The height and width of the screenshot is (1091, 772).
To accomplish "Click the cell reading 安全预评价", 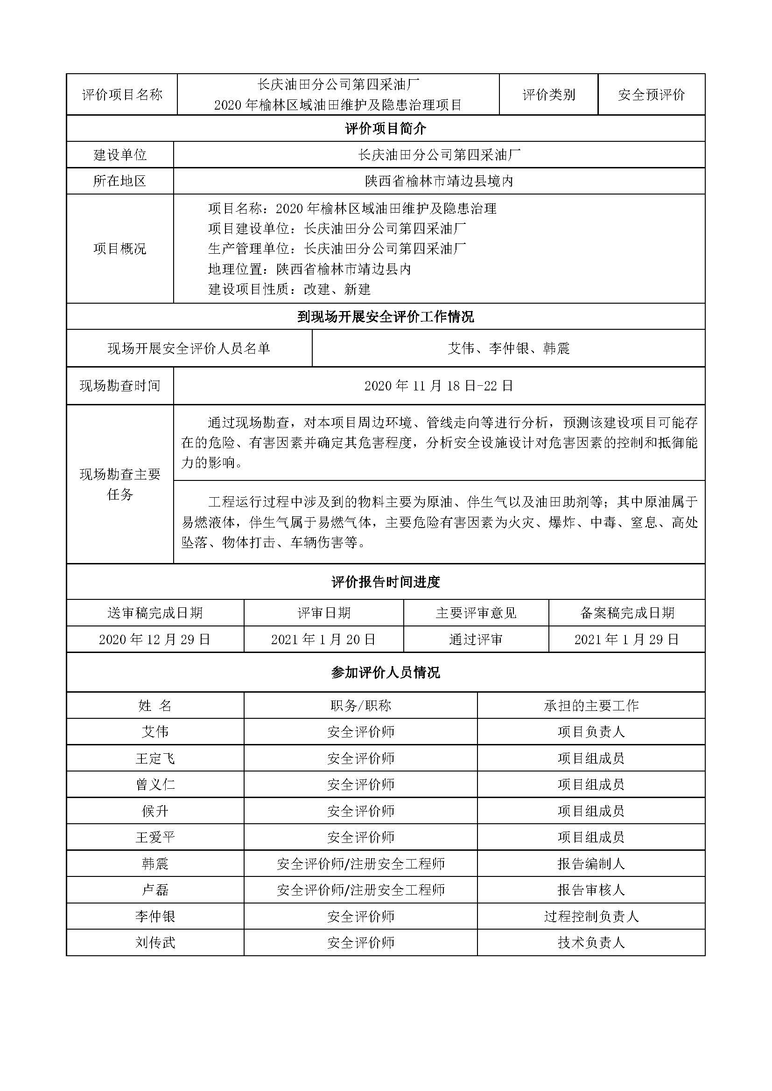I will [651, 95].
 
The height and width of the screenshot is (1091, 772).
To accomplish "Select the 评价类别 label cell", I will [548, 95].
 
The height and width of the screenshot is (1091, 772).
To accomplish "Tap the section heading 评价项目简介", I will [386, 128].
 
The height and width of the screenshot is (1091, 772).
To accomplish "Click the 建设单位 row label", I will [120, 154].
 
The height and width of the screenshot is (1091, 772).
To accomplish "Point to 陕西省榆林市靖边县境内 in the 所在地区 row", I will [439, 181].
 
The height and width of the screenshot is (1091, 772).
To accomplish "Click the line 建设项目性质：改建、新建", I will [289, 289].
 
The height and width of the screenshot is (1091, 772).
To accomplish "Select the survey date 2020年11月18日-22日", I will [439, 386].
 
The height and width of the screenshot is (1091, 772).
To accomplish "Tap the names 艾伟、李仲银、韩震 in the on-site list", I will [508, 348].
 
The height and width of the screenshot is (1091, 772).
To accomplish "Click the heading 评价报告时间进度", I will [386, 582].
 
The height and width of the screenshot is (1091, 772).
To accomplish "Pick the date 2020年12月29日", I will [155, 639].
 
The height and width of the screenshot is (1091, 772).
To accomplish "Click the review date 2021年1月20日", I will [323, 639].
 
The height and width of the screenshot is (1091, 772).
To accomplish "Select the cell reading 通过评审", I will [475, 639].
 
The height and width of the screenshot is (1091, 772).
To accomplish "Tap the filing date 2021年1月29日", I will [626, 639].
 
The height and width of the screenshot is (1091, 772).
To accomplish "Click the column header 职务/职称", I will [360, 705].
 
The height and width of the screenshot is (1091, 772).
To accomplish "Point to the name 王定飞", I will [155, 758].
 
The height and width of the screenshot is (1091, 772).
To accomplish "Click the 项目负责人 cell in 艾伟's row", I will [591, 732].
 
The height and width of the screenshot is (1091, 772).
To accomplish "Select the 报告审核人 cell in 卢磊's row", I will [591, 890].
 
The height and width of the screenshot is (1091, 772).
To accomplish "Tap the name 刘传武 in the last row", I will [155, 943].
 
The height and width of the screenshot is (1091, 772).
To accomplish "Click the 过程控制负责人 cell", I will [591, 917].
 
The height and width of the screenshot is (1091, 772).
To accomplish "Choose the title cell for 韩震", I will [360, 864].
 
